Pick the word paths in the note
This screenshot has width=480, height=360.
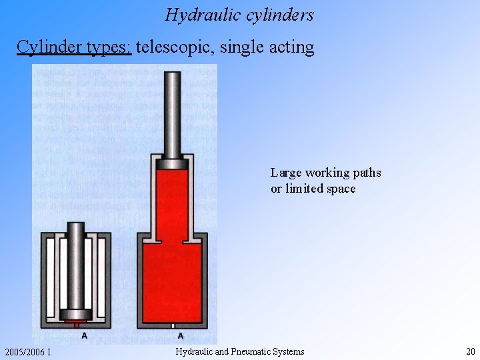pyautogui.click(x=366, y=173)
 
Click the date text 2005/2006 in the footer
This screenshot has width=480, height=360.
pyautogui.click(x=25, y=352)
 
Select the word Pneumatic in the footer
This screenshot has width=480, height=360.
pyautogui.click(x=253, y=351)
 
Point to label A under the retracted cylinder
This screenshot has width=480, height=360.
pyautogui.click(x=84, y=336)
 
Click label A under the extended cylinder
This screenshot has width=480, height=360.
pyautogui.click(x=181, y=336)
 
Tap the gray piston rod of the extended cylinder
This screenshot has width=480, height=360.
pyautogui.click(x=173, y=113)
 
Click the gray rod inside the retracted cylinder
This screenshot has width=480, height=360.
pyautogui.click(x=76, y=267)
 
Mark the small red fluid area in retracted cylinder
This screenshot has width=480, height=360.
pyautogui.click(x=76, y=321)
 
